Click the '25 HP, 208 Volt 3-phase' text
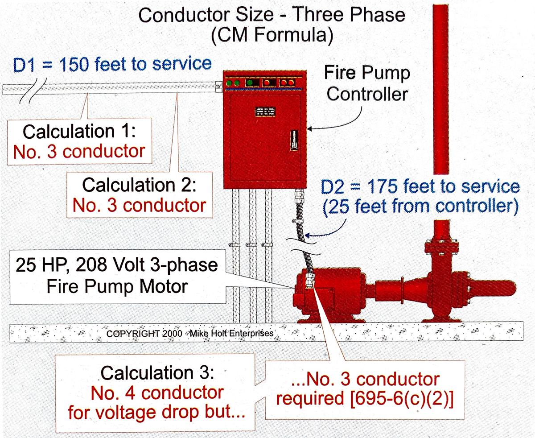(117, 266)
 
